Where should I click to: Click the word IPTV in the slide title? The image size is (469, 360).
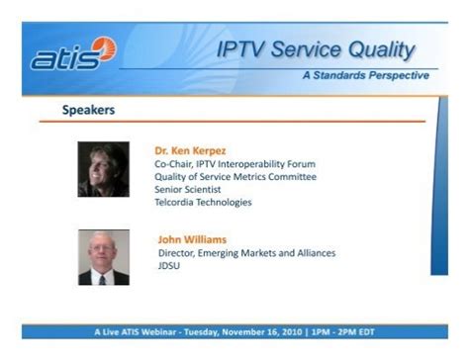(240, 49)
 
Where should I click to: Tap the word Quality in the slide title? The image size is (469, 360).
(382, 50)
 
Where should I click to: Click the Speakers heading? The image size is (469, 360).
(88, 110)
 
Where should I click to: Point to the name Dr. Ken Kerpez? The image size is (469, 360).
(190, 150)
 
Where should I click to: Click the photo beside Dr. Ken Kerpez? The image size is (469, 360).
(104, 169)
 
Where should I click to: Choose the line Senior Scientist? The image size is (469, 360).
(188, 190)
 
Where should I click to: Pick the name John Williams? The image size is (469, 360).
(192, 239)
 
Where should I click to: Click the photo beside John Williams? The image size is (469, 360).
(104, 257)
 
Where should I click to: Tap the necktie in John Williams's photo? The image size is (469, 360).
(103, 280)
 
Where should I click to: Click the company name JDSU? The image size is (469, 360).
(169, 266)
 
